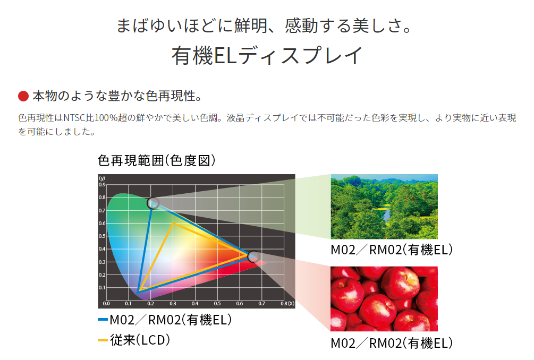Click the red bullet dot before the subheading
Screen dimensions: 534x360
23,96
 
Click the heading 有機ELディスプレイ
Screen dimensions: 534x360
267,56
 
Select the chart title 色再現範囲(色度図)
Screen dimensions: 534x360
157,160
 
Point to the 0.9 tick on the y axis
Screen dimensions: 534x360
102,185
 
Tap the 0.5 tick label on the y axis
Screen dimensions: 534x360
102,236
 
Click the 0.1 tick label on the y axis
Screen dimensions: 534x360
102,288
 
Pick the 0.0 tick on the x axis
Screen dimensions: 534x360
106,304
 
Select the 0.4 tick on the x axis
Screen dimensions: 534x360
195,304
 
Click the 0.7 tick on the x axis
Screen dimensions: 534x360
261,304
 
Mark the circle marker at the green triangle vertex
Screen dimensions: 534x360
153,203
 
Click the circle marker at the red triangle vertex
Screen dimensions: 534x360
253,256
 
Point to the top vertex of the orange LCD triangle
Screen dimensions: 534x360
173,223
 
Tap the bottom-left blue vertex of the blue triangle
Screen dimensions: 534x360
138,292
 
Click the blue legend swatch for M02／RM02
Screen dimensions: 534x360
103,320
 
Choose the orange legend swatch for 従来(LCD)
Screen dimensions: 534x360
103,340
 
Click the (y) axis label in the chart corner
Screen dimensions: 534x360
102,178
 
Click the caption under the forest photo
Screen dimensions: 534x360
392,250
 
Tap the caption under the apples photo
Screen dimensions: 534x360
392,343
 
